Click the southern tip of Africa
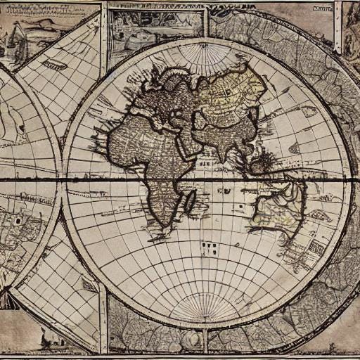click(163, 224)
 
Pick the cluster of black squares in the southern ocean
click(208, 247)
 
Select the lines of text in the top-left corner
click(42, 8)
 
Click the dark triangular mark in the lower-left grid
click(89, 285)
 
